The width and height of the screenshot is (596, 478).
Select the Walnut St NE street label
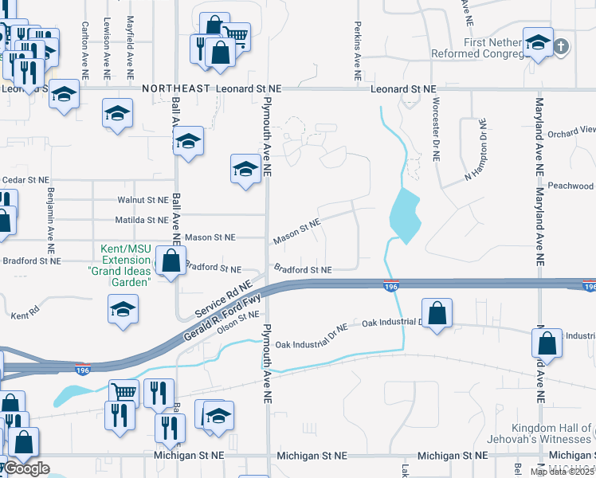click(x=143, y=200)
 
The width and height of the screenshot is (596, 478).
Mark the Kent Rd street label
click(x=25, y=315)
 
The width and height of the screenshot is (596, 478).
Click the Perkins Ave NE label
click(x=359, y=44)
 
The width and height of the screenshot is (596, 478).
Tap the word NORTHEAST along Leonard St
click(x=176, y=89)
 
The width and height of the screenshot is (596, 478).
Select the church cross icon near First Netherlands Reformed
click(x=561, y=45)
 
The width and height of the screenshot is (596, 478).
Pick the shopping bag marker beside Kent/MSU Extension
click(x=171, y=260)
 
